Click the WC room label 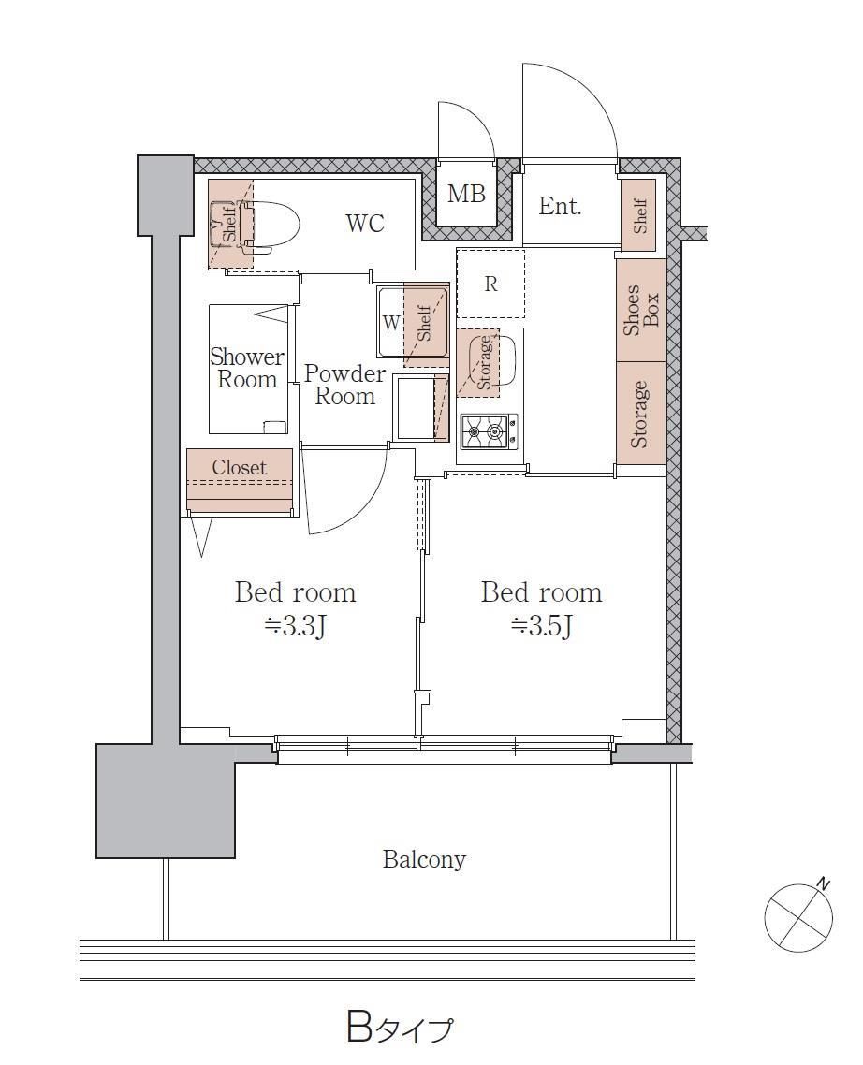click(365, 223)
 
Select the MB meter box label click(466, 195)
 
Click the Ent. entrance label click(560, 206)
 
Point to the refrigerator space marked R click(490, 284)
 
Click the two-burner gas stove click(490, 431)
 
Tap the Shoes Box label click(641, 310)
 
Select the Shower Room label click(247, 368)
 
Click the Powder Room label click(344, 385)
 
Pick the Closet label click(240, 467)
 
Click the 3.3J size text click(296, 625)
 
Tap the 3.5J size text click(542, 625)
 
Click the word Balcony click(424, 859)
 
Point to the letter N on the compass click(823, 883)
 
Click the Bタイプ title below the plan click(399, 1029)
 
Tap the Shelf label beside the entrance click(640, 215)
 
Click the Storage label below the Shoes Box click(639, 415)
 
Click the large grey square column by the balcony click(165, 801)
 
